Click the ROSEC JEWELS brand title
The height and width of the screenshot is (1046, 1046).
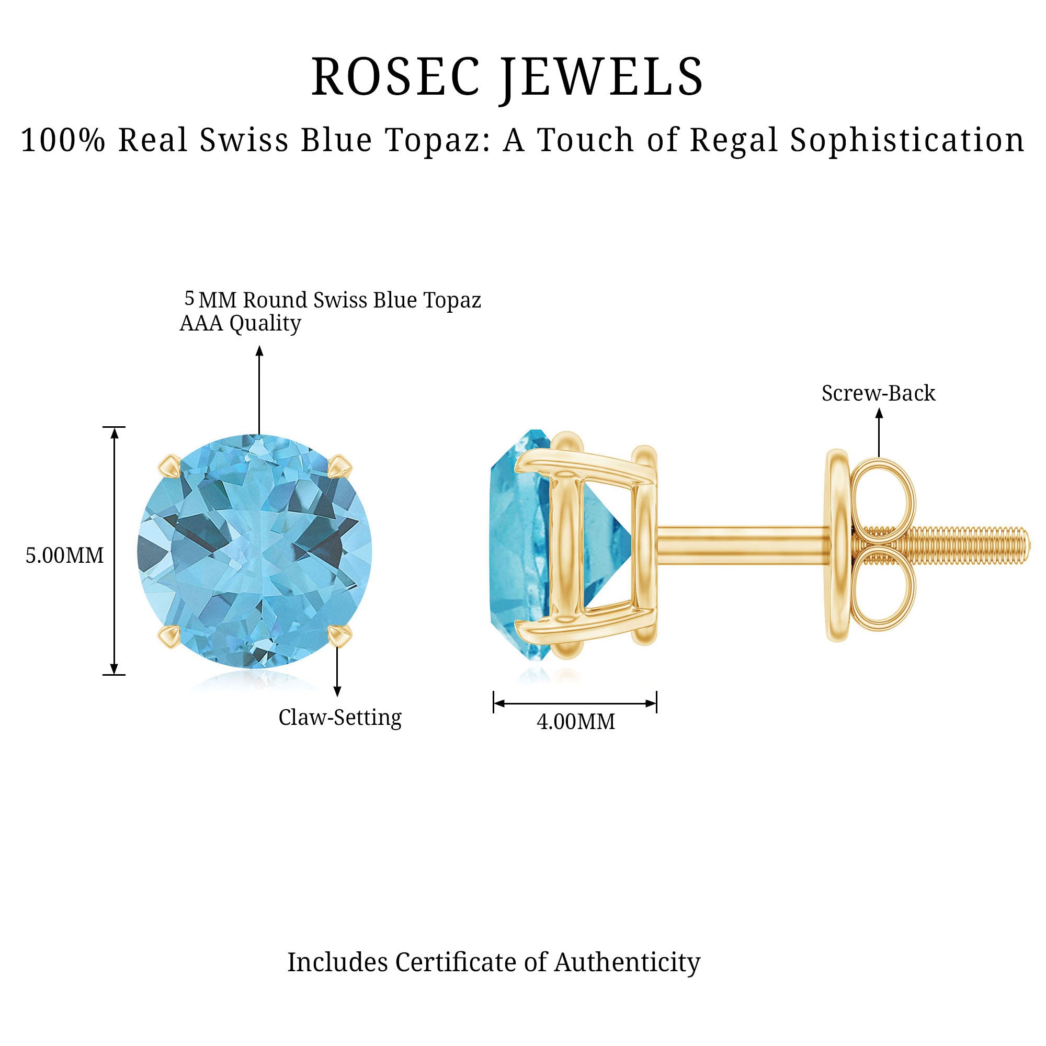pos(507,77)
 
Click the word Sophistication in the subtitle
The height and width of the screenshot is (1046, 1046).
pos(907,140)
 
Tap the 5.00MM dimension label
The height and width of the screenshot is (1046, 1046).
pos(64,556)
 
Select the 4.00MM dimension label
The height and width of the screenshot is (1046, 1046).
pos(576,722)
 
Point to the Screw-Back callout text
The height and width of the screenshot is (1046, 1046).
pos(878,394)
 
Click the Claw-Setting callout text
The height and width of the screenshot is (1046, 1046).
pos(340,718)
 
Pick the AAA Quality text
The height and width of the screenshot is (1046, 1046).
pos(241,323)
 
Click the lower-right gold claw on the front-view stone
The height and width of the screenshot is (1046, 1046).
pos(340,635)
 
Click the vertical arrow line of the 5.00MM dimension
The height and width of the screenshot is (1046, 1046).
pos(114,551)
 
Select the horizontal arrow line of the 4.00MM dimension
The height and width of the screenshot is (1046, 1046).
pos(575,704)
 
